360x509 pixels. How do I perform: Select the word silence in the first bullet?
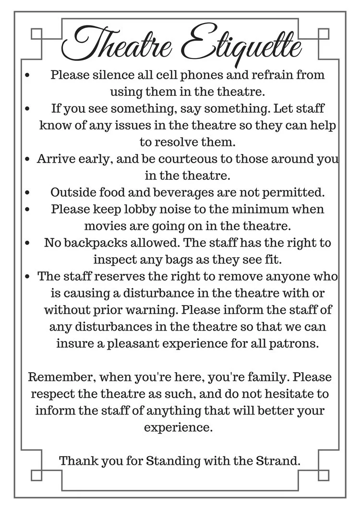pos(105,75)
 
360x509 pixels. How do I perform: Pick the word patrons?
pos(301,344)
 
